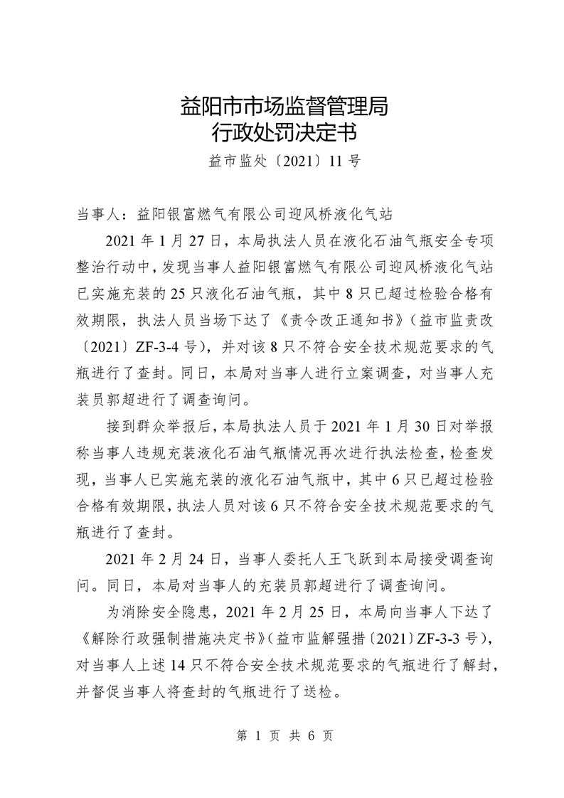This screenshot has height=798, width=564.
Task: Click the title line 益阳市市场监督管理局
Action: (282, 108)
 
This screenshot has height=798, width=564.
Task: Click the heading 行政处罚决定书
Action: (282, 133)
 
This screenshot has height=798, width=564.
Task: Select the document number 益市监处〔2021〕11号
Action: (282, 161)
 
